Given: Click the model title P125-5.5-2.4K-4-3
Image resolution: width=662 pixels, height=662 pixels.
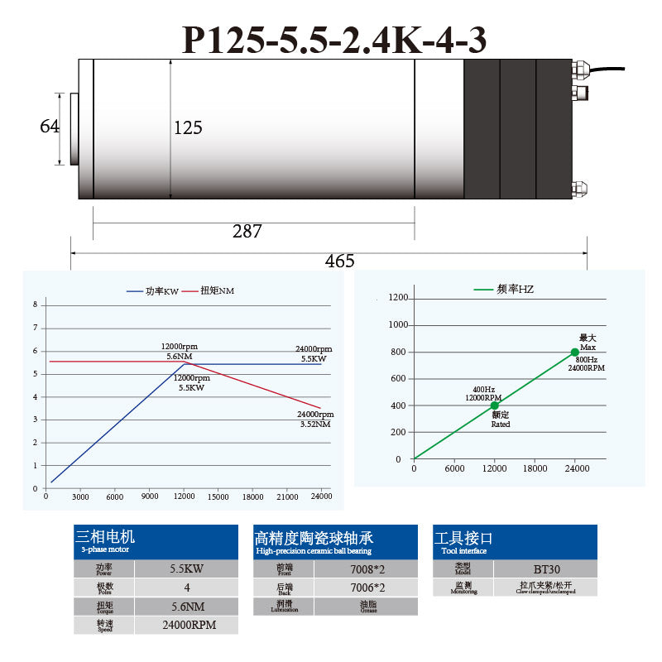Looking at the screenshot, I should (333, 39).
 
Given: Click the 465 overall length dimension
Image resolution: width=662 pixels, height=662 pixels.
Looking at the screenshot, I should (339, 261).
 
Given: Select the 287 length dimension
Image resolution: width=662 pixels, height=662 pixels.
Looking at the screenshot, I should (247, 232).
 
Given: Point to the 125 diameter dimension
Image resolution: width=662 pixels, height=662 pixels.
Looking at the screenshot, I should (188, 128).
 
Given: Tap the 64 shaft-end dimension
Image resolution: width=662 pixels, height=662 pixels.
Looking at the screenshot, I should (50, 127).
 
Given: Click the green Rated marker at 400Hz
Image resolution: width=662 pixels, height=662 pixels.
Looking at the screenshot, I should (495, 405).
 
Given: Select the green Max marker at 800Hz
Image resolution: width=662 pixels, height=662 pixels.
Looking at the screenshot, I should (575, 352).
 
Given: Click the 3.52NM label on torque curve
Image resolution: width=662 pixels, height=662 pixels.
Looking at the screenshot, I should (315, 424).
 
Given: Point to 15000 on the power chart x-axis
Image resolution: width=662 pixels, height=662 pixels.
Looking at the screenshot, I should (218, 496).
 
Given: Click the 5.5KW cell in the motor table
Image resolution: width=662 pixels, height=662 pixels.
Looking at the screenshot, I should (187, 569).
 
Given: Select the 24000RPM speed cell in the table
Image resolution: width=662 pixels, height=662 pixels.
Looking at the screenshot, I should (187, 625).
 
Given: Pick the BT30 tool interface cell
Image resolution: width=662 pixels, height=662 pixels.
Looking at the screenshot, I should (545, 569).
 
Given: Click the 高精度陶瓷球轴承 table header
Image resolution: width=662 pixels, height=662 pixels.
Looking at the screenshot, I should (314, 537).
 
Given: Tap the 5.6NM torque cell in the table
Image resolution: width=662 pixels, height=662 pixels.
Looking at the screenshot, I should (187, 607).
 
